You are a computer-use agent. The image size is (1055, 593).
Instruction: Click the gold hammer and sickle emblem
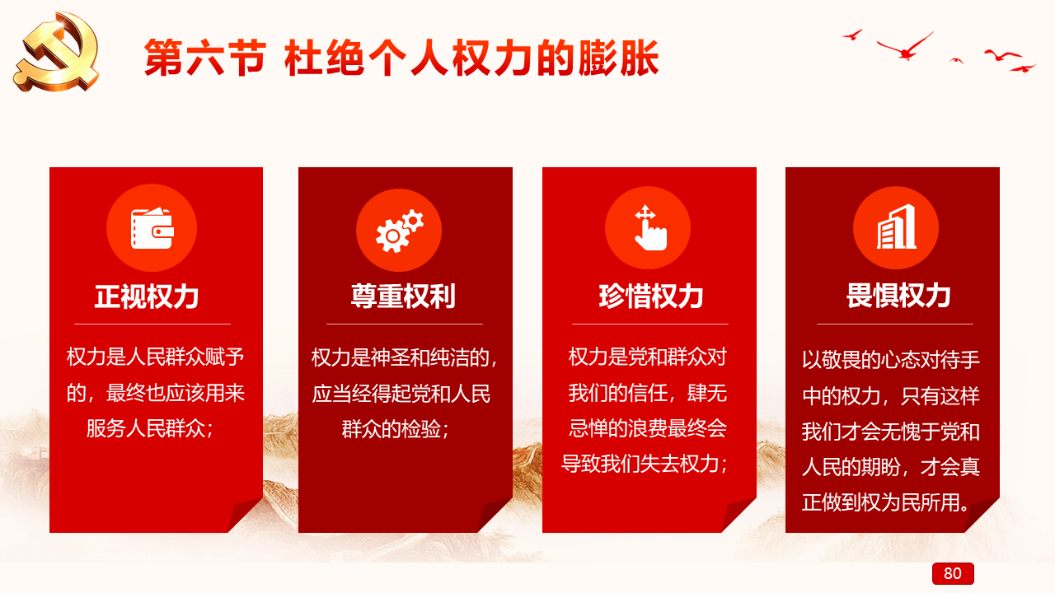point(58,52)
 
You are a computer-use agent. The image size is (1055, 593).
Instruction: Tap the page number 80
point(952,573)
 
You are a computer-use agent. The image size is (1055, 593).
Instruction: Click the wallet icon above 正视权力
point(152,228)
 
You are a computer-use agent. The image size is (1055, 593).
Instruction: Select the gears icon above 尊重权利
point(399,230)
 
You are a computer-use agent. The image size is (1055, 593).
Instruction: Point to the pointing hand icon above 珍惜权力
point(650,228)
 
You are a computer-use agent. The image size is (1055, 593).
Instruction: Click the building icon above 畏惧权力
point(896,226)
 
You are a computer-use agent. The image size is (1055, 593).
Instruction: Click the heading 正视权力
point(147,296)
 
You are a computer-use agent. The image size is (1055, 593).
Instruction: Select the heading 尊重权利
point(403,296)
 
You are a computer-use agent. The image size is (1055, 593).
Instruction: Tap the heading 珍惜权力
point(651,296)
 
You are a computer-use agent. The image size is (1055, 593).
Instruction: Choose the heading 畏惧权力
point(898,296)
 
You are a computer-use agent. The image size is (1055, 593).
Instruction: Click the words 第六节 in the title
point(205,58)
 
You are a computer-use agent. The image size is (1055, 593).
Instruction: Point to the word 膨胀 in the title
point(618,58)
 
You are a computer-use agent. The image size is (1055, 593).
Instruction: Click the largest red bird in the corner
point(905,46)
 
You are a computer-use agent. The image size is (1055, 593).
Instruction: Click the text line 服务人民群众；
point(151,428)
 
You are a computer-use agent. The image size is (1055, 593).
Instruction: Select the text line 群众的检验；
point(396,429)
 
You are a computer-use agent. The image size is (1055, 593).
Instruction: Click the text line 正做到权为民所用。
point(888,502)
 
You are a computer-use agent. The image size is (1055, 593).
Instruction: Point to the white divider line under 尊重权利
point(405,324)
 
